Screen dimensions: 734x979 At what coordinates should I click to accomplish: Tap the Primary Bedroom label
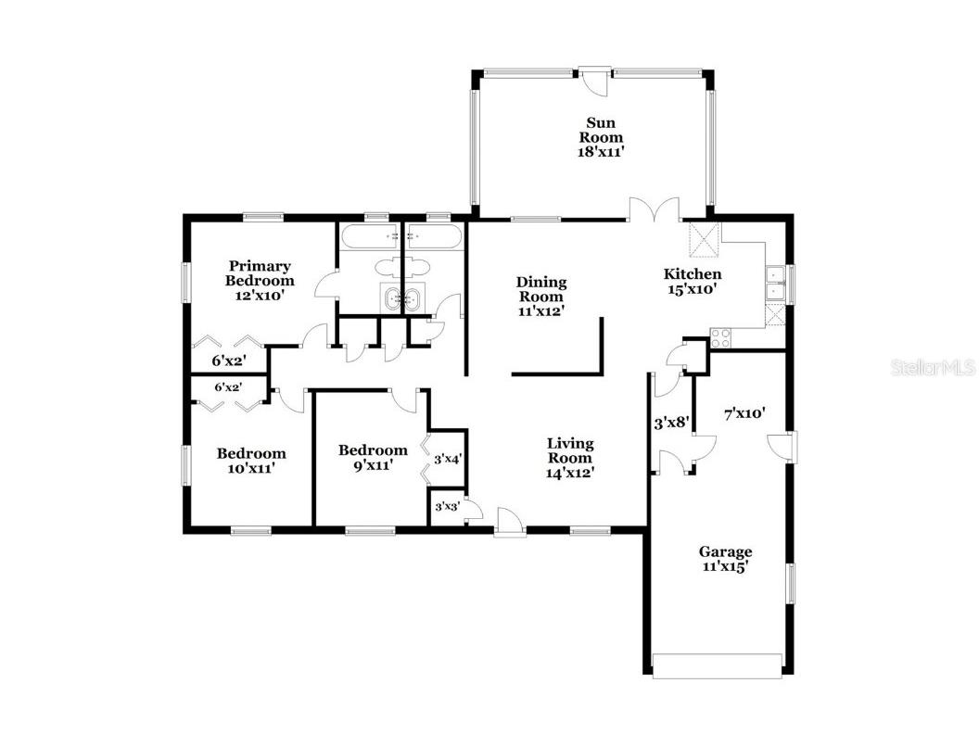pos(261,273)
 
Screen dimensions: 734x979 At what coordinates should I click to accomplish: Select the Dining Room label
pos(541,289)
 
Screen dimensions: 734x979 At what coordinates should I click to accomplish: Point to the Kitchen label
pos(692,274)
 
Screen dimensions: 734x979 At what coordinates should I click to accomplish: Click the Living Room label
pos(569,450)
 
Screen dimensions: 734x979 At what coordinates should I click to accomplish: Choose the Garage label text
pos(725,552)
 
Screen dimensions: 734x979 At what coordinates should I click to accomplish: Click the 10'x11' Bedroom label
pos(251,454)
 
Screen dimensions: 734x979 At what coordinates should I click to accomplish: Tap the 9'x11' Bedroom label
pos(373,451)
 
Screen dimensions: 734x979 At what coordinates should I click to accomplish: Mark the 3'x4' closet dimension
pos(448,459)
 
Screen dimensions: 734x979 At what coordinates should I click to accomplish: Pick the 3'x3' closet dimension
pos(446,507)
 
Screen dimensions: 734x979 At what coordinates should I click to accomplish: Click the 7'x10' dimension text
pos(744,413)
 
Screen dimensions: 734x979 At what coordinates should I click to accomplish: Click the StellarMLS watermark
pos(933,368)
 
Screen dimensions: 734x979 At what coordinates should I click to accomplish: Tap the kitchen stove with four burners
pos(721,336)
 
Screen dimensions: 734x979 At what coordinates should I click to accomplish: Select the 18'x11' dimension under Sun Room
pos(600,153)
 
